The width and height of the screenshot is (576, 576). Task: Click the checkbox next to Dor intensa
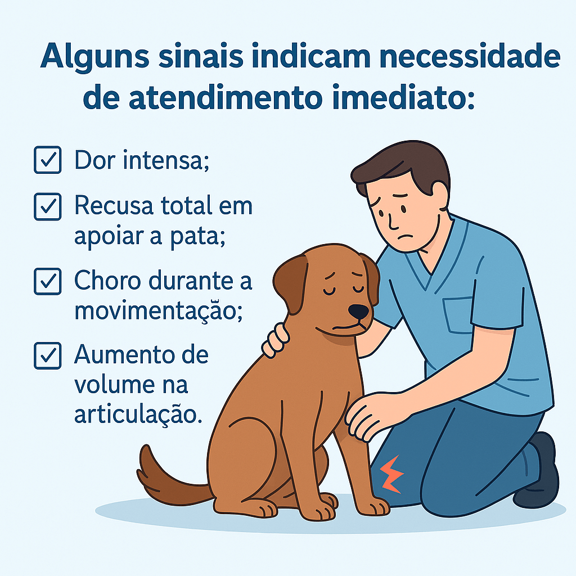coord(48,160)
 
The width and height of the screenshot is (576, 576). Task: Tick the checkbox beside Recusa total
coord(48,206)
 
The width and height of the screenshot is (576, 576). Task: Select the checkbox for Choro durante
coord(48,281)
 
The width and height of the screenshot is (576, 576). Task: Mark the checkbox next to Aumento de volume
coord(48,355)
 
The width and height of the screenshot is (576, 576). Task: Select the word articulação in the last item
coord(138,415)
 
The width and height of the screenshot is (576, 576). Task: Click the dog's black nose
coord(358,312)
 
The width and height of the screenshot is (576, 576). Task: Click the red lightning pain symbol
coord(391,474)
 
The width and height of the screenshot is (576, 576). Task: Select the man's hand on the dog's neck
coord(276,340)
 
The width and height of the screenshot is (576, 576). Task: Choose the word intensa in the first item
coord(166,160)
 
